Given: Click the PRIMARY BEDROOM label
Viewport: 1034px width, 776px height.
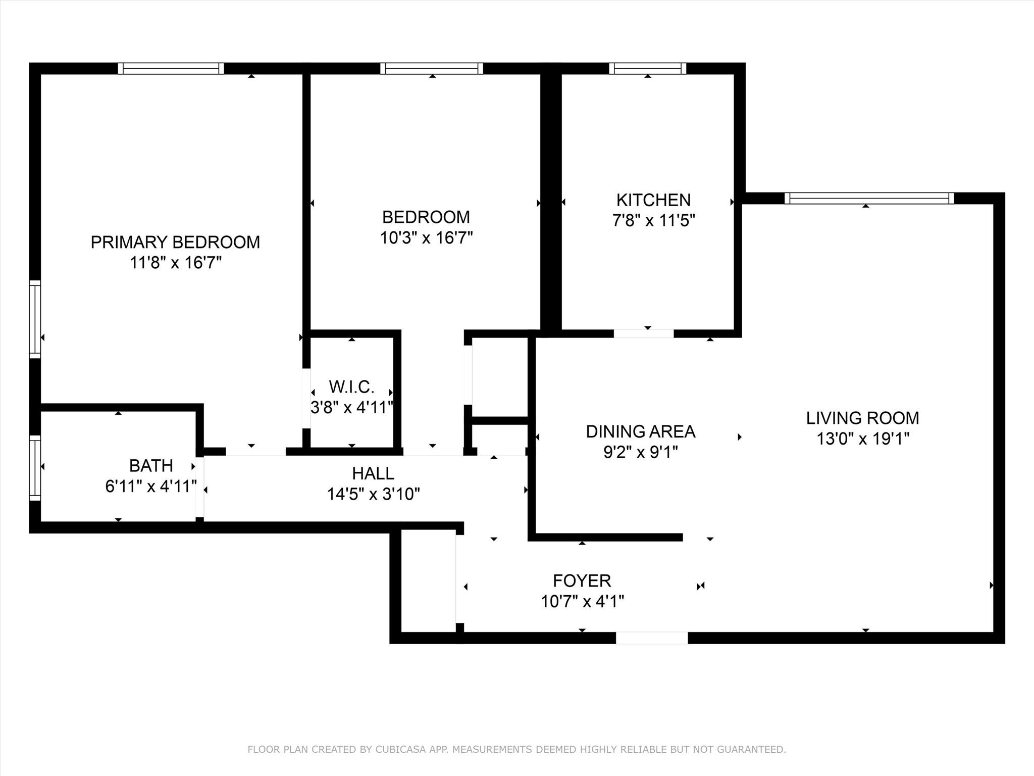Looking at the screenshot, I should pos(175,243).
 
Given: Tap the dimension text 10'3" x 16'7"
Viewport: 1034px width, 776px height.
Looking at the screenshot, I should pos(426,238).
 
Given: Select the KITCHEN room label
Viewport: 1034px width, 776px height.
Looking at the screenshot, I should pos(653,201).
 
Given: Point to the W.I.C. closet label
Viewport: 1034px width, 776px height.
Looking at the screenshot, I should pos(351,387).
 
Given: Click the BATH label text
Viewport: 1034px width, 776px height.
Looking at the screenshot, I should pos(151,465).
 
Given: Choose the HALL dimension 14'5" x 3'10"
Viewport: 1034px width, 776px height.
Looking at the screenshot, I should pos(374,494).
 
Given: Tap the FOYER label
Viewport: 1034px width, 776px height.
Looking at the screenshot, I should pos(582,581).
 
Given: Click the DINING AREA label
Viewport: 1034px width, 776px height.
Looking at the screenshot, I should pos(640,431).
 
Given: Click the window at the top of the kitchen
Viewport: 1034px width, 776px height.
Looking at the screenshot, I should pos(647,68).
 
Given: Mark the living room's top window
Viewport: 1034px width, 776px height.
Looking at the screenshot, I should pos(869,198).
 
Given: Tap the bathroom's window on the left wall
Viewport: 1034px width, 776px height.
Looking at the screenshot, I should pos(34,468).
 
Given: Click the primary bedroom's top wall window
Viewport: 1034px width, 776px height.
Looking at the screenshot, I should pos(171,68).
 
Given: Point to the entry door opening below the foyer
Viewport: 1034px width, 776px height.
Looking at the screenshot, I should pos(651,638).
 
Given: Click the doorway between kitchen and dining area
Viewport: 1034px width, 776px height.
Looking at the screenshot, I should pos(643,333).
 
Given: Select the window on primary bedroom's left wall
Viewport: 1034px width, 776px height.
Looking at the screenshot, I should pos(34,319).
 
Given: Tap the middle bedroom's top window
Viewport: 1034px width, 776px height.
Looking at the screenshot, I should pos(431,68).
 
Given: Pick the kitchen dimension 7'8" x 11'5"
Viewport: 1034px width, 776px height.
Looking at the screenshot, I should pos(653,221).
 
